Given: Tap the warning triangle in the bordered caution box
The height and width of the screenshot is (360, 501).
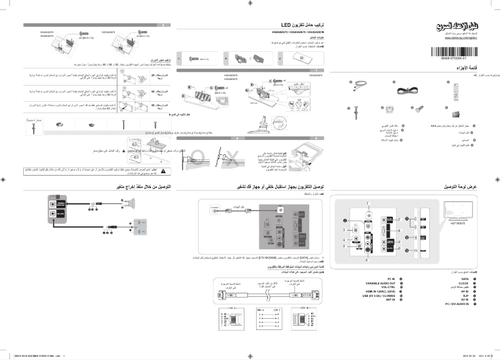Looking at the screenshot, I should (164, 170).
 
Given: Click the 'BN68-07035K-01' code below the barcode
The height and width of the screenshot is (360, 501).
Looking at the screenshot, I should (459, 57).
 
